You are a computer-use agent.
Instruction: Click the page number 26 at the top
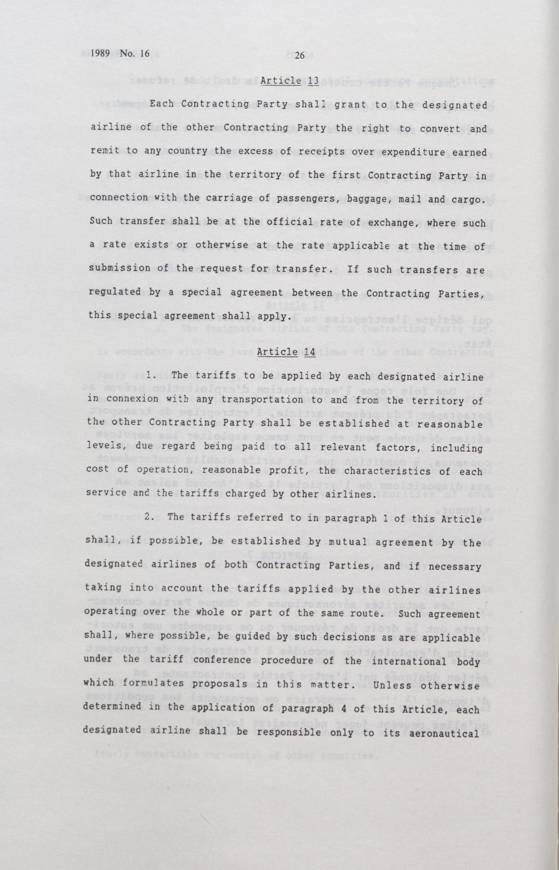pyautogui.click(x=299, y=55)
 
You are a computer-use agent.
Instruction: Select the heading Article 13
pyautogui.click(x=289, y=81)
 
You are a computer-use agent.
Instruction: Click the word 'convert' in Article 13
pyautogui.click(x=447, y=128)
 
